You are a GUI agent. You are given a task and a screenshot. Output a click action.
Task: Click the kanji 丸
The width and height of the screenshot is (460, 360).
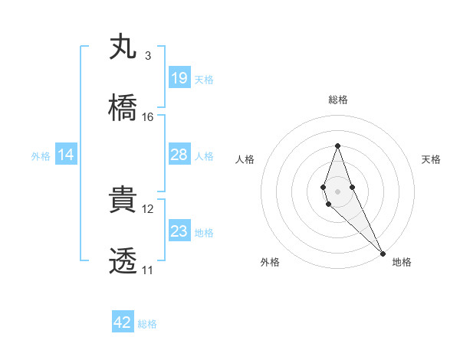[123, 46]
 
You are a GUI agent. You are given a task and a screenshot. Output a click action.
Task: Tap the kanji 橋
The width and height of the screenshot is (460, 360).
[123, 107]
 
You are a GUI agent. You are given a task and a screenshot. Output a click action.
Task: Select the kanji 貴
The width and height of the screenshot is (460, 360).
[123, 200]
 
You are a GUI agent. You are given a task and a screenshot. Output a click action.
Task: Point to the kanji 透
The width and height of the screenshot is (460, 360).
[123, 261]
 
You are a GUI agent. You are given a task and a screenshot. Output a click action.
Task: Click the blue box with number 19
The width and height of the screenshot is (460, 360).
[179, 78]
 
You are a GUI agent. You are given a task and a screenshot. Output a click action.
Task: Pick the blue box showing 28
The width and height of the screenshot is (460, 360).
[179, 155]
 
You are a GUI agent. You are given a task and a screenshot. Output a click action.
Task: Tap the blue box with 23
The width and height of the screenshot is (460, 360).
[179, 231]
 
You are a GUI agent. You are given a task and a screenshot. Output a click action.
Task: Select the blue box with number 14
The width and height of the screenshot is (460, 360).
[66, 155]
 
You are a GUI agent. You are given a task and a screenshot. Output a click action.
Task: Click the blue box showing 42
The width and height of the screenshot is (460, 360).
[123, 322]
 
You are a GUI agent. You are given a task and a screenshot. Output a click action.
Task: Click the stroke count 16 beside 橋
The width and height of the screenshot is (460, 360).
[148, 117]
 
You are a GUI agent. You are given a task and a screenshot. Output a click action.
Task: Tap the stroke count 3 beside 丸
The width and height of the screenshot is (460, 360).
[148, 56]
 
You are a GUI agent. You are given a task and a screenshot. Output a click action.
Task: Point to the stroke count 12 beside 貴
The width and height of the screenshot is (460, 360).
[148, 209]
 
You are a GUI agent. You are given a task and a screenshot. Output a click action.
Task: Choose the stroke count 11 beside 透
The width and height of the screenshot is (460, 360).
[148, 270]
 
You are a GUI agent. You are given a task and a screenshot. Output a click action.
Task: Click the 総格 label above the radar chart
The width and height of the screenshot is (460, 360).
[337, 100]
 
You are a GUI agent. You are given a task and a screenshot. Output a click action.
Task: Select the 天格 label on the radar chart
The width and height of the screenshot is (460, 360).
[431, 159]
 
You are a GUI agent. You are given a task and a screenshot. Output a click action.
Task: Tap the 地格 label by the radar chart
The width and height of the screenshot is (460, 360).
[402, 262]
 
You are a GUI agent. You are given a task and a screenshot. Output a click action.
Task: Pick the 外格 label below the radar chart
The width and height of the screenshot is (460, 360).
[270, 262]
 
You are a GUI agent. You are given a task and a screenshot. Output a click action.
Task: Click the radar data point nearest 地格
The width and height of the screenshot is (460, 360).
[383, 252]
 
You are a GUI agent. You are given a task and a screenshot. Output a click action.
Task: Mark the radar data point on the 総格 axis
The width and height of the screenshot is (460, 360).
[337, 146]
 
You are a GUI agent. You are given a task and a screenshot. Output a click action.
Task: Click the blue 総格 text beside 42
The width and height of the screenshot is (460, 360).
[147, 324]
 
